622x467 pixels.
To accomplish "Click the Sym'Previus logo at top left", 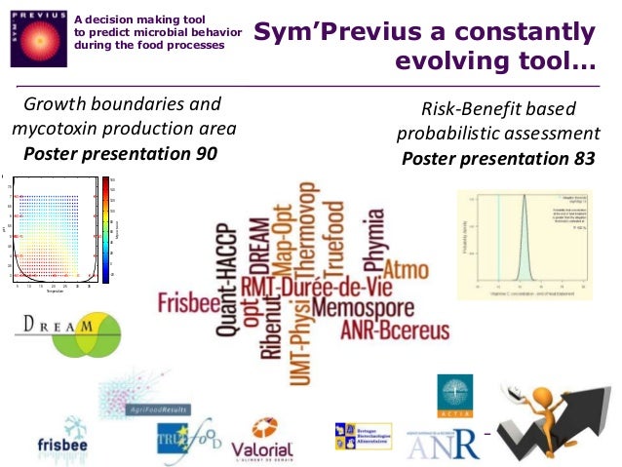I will (x=37, y=38).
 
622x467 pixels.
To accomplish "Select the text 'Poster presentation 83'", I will (x=498, y=158).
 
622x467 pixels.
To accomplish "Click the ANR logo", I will (x=444, y=444).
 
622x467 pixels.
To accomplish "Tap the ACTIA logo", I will (x=454, y=395).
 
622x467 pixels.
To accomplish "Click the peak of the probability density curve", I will (x=523, y=198).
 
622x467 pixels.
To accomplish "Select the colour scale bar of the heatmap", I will (x=105, y=228).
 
